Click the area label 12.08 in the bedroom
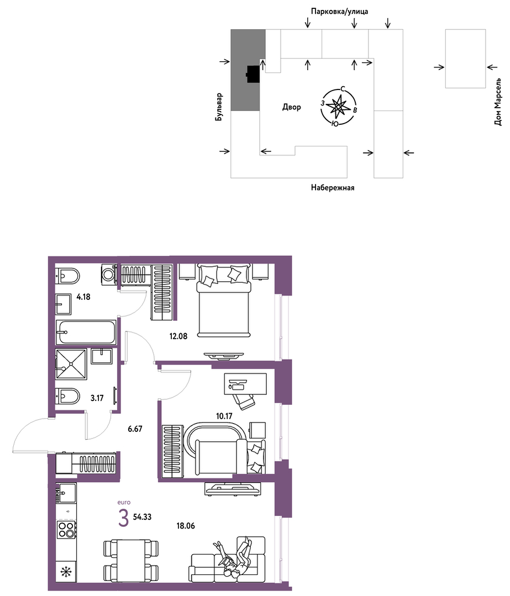pyautogui.click(x=178, y=336)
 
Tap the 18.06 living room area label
pyautogui.click(x=186, y=526)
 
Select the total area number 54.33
pyautogui.click(x=142, y=517)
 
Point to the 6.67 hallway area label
pyautogui.click(x=135, y=429)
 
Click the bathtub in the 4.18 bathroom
pyautogui.click(x=86, y=332)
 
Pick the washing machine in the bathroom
pyautogui.click(x=109, y=273)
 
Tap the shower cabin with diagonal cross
pyautogui.click(x=71, y=364)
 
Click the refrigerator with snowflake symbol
pyautogui.click(x=66, y=571)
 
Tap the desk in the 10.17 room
pyautogui.click(x=245, y=384)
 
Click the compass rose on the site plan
pyautogui.click(x=339, y=107)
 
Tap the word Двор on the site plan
pyautogui.click(x=291, y=107)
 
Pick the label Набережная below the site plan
pyautogui.click(x=333, y=187)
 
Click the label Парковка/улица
pyautogui.click(x=339, y=12)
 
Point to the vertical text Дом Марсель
pyautogui.click(x=498, y=102)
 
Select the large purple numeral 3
pyautogui.click(x=123, y=518)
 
